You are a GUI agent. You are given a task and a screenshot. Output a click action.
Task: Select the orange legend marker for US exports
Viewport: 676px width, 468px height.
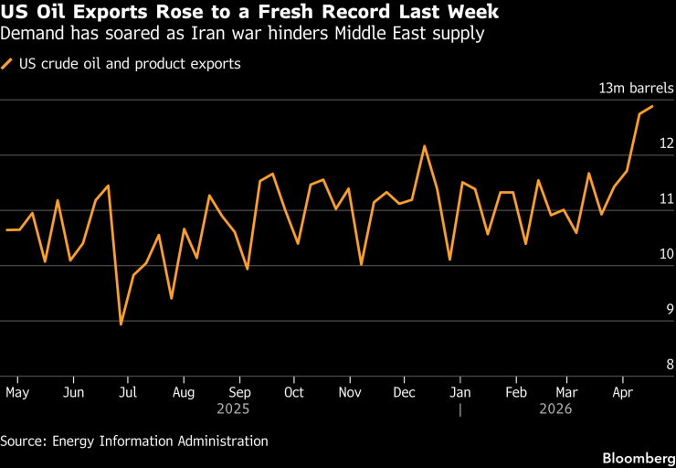click(x=8, y=64)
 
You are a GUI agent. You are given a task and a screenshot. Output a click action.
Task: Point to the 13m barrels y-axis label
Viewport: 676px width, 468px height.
click(x=636, y=89)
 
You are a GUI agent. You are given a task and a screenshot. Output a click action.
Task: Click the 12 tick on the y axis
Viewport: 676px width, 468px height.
click(x=667, y=144)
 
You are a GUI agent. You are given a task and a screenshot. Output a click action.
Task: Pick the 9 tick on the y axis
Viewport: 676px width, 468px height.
click(x=670, y=309)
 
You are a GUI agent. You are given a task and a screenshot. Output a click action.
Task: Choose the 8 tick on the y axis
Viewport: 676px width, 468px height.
click(x=670, y=365)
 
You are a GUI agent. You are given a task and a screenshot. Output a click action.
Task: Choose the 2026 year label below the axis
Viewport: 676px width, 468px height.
click(x=556, y=409)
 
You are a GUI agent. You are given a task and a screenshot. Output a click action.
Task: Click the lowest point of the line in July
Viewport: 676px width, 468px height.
click(x=121, y=324)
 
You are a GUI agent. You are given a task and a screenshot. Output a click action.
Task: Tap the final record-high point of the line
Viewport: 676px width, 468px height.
click(x=652, y=107)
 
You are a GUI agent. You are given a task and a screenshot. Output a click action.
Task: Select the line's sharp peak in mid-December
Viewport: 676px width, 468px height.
click(x=425, y=146)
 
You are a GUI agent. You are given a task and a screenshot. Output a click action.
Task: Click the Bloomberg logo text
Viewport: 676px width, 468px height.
click(x=635, y=454)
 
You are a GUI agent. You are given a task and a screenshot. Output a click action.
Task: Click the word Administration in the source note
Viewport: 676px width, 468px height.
click(x=225, y=441)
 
